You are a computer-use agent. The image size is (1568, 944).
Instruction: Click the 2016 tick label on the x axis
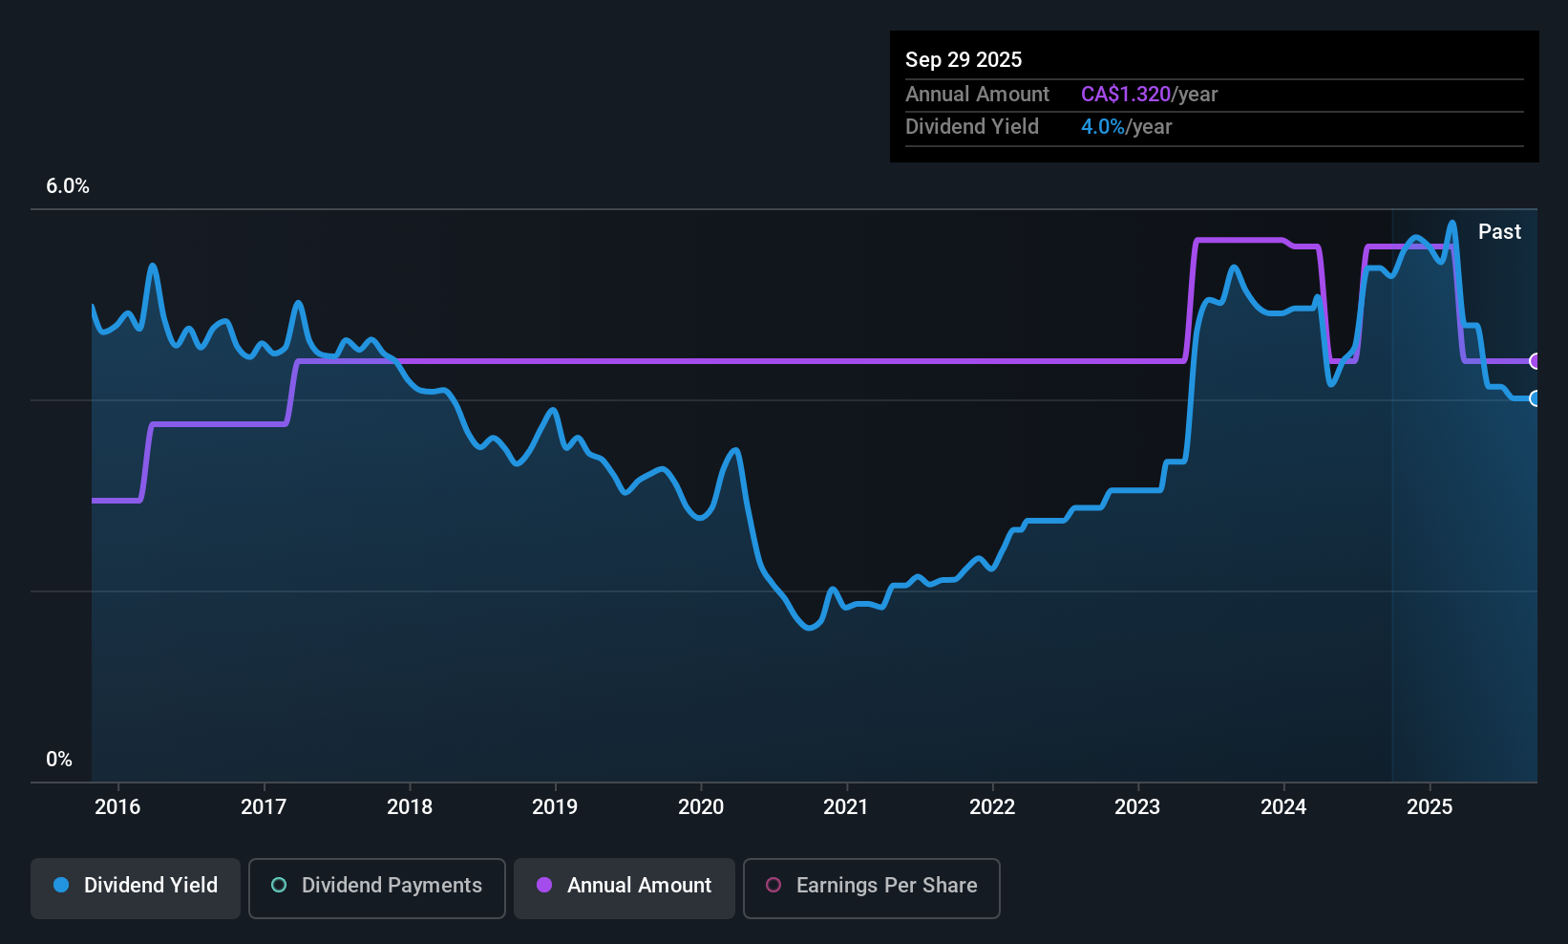point(117,806)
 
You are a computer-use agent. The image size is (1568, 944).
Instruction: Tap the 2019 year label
point(555,806)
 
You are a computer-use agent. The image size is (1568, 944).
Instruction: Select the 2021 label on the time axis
point(846,806)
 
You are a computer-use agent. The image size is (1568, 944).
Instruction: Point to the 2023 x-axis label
point(1137,806)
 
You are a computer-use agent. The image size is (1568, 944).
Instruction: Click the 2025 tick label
point(1430,806)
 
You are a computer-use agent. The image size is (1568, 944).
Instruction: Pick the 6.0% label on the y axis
point(68,186)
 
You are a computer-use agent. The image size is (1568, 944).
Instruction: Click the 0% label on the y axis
point(59,759)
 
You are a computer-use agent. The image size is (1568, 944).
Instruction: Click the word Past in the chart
point(1499,231)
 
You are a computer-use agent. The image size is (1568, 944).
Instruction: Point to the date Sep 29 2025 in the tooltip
point(964,59)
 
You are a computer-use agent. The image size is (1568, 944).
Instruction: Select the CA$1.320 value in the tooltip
point(1126,94)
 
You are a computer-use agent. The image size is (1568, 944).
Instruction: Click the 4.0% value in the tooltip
point(1103,126)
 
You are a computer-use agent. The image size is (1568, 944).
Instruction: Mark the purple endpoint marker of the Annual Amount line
point(1536,361)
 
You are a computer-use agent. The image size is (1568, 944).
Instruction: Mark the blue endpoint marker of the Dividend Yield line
point(1536,398)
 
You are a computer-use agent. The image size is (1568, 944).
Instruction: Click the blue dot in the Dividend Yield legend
point(61,885)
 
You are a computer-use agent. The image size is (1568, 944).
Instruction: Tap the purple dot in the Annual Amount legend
point(544,885)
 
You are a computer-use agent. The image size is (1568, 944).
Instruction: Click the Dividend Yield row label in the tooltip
point(972,126)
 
